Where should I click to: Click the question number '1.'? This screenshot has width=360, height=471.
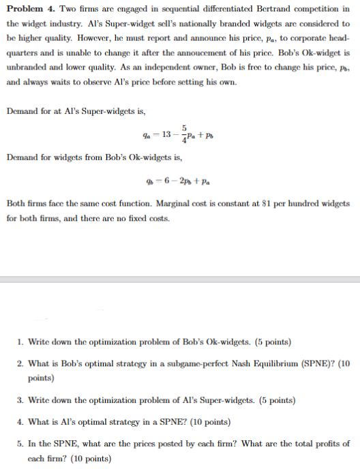[x=22, y=341]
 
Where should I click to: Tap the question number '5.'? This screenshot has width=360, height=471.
[x=22, y=444]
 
